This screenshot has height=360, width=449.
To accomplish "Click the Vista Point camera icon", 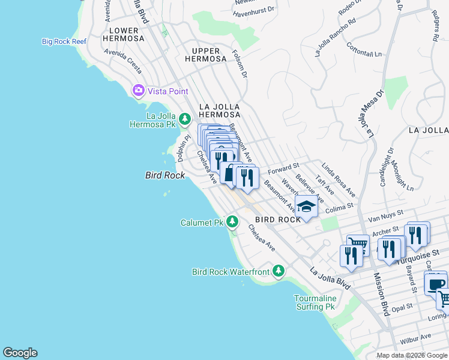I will click(139, 91).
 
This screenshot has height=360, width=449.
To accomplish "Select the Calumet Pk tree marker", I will click(232, 222).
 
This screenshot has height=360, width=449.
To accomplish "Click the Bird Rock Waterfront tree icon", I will click(278, 272).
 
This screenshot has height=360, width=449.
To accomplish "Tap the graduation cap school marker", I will click(306, 208).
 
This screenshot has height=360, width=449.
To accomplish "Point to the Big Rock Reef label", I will click(64, 41).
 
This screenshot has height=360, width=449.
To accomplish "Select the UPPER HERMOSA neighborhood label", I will click(209, 55).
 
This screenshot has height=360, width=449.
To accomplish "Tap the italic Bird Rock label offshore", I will click(165, 175).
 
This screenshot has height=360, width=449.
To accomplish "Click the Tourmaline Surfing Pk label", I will click(314, 302).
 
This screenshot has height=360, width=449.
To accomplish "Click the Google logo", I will click(20, 353).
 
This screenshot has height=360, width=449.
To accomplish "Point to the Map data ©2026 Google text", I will click(411, 355).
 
